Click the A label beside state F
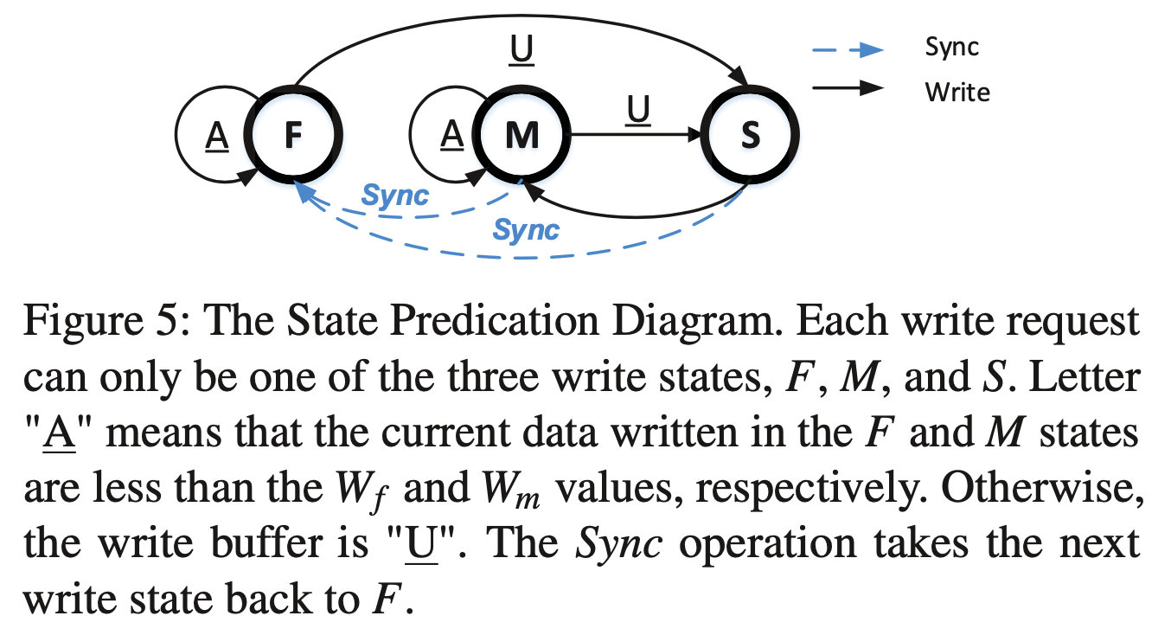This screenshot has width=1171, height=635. point(217,136)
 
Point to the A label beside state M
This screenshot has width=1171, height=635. point(452,135)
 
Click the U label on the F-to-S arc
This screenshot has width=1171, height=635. point(522,50)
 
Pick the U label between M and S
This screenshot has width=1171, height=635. point(638,110)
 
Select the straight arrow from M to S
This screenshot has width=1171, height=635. point(637,134)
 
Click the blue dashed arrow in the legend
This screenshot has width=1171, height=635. point(848,50)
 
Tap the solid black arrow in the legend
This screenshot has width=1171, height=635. point(848,88)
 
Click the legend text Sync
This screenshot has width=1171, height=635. point(952,48)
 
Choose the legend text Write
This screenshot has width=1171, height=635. point(957,93)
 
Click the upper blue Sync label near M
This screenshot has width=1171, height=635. point(394,196)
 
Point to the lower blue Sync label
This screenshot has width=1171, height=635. point(526,230)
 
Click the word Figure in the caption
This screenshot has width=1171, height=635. point(84,321)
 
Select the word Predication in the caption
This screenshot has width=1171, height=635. point(494,320)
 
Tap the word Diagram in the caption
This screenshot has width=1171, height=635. point(697,321)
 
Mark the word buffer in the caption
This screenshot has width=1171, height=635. point(267,543)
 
